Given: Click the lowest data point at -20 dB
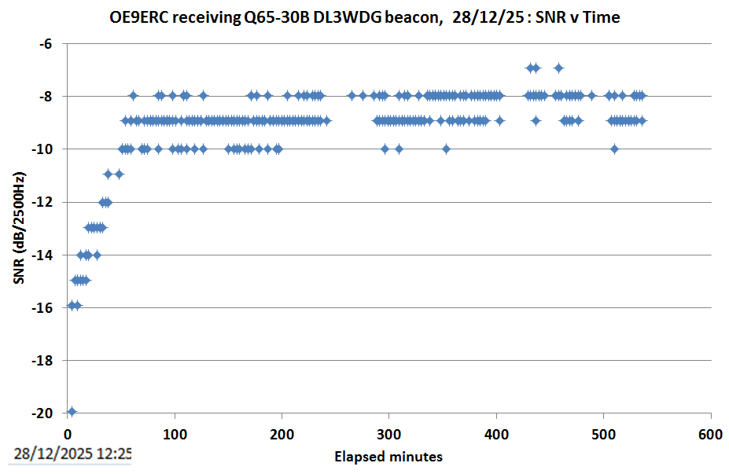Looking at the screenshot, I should pyautogui.click(x=72, y=411).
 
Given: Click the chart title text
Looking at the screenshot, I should pyautogui.click(x=365, y=17).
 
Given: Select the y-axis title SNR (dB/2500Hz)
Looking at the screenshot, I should pyautogui.click(x=19, y=228).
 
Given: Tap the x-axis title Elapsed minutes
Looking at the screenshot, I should pyautogui.click(x=388, y=457).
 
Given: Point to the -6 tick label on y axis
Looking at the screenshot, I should pyautogui.click(x=45, y=44).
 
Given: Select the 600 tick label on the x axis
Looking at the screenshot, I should pyautogui.click(x=711, y=435).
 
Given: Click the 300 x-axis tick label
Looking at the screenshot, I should pyautogui.click(x=389, y=435).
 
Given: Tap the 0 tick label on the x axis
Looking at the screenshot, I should pyautogui.click(x=68, y=435).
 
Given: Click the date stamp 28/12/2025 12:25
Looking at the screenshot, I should pyautogui.click(x=72, y=454).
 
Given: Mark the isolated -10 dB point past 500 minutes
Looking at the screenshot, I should pyautogui.click(x=614, y=149).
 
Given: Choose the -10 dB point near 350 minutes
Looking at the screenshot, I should pyautogui.click(x=446, y=149).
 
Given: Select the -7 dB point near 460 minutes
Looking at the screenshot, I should pyautogui.click(x=558, y=68).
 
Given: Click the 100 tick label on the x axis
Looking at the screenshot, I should pyautogui.click(x=175, y=435).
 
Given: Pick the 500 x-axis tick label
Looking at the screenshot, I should pyautogui.click(x=604, y=435).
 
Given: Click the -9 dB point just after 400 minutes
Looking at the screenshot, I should pyautogui.click(x=499, y=120).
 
